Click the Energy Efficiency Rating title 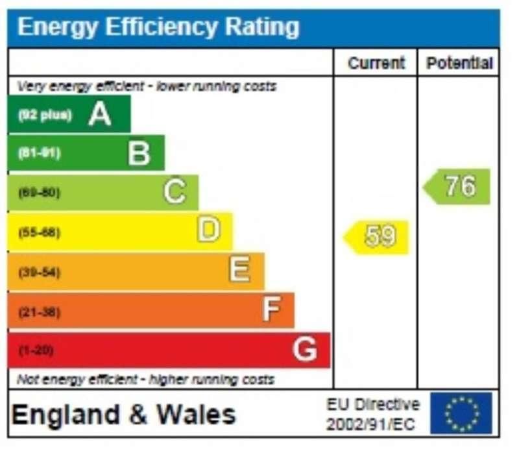click(158, 27)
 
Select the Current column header click(376, 63)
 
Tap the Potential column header click(459, 63)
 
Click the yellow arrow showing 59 click(377, 236)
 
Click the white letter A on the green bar click(100, 115)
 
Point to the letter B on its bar click(139, 154)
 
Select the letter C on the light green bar click(174, 193)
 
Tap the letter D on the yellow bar click(208, 230)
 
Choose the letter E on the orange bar click(239, 270)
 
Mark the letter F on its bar click(271, 310)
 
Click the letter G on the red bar click(304, 350)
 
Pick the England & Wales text click(124, 414)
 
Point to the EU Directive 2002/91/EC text click(372, 414)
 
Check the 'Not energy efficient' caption click(145, 379)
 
